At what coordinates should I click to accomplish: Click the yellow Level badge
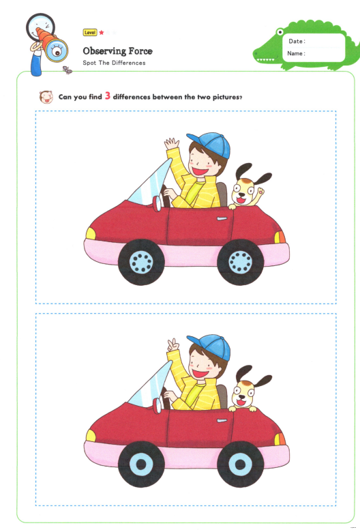pos(90,33)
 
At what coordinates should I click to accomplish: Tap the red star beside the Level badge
pos(102,33)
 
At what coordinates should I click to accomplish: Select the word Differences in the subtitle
pos(128,63)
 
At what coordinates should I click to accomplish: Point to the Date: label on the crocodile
pos(297,42)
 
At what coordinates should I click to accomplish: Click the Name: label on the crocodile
pos(296,54)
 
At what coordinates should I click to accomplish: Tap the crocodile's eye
pos(280,32)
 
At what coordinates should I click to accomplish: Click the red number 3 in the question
pos(108,95)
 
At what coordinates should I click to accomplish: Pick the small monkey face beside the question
pos(46,97)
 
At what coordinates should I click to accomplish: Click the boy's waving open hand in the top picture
pos(172,143)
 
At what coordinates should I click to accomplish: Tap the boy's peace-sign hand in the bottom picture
pos(174,346)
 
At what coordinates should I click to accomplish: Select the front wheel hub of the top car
pos(141,262)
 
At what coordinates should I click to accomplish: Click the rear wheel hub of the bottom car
pos(240,464)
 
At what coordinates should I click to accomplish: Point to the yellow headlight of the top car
pos(91,233)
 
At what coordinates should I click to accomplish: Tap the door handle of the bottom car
pos(222,421)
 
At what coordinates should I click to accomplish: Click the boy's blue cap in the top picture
pos(211,143)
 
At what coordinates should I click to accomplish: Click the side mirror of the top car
pos(157,203)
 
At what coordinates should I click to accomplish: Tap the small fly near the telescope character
pos(67,70)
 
